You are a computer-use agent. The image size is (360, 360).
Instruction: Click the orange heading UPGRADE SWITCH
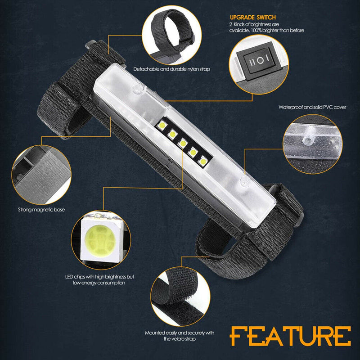[252, 18]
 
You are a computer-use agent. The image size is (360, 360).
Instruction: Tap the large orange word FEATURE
[290, 336]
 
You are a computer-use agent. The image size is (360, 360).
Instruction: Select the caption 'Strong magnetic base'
[41, 210]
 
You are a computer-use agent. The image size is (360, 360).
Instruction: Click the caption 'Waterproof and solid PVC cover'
[312, 107]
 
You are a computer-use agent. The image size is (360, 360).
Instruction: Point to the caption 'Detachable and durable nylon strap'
[172, 69]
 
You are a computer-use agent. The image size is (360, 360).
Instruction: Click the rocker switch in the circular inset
[259, 61]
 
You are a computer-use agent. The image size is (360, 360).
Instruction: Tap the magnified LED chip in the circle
[101, 240]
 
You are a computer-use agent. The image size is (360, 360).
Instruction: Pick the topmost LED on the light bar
[162, 125]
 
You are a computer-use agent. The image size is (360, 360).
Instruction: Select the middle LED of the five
[183, 144]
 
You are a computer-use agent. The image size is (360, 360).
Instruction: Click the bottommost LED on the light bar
[203, 162]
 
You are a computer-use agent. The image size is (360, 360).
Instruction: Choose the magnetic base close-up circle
[41, 175]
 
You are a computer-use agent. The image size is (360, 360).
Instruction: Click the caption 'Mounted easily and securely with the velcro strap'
[180, 336]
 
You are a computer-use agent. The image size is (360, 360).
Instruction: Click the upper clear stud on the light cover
[137, 88]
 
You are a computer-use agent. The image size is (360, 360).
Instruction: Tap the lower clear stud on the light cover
[244, 181]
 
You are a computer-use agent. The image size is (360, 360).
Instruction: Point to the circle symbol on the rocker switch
[260, 61]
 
